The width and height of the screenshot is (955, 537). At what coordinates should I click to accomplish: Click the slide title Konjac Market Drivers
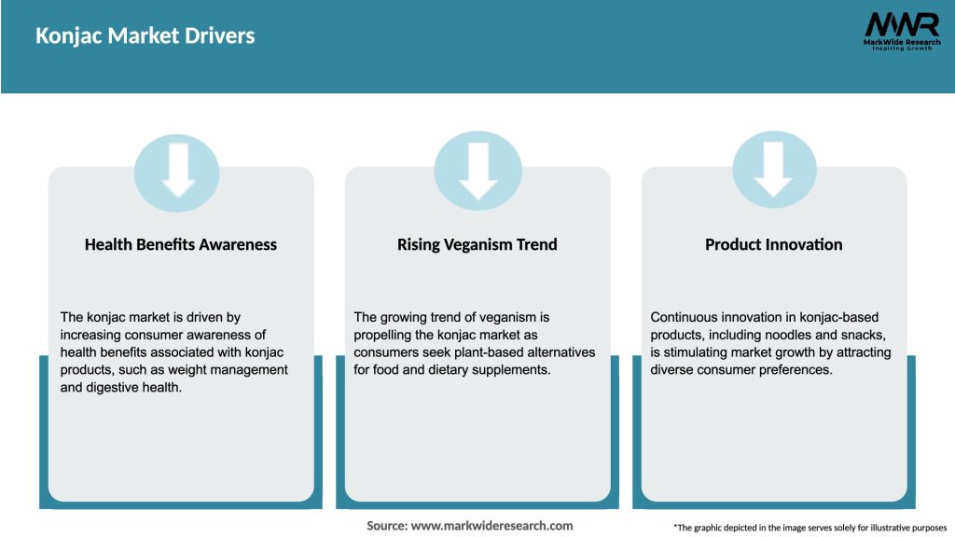click(145, 36)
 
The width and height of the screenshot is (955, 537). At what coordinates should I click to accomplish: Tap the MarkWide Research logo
click(902, 31)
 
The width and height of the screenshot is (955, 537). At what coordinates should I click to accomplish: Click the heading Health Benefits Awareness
click(181, 245)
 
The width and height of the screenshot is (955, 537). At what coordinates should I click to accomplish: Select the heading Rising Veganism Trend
click(477, 245)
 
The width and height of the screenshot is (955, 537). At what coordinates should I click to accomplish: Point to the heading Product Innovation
click(773, 245)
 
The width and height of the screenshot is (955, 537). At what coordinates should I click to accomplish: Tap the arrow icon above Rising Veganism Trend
click(478, 172)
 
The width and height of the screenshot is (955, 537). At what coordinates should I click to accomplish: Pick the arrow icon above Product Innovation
click(774, 170)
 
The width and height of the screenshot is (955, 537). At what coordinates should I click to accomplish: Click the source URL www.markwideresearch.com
click(491, 526)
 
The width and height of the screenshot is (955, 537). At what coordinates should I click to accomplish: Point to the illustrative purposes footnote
click(810, 528)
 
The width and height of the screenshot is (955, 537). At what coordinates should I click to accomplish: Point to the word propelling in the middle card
click(381, 336)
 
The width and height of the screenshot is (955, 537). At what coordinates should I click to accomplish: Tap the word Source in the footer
click(387, 526)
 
